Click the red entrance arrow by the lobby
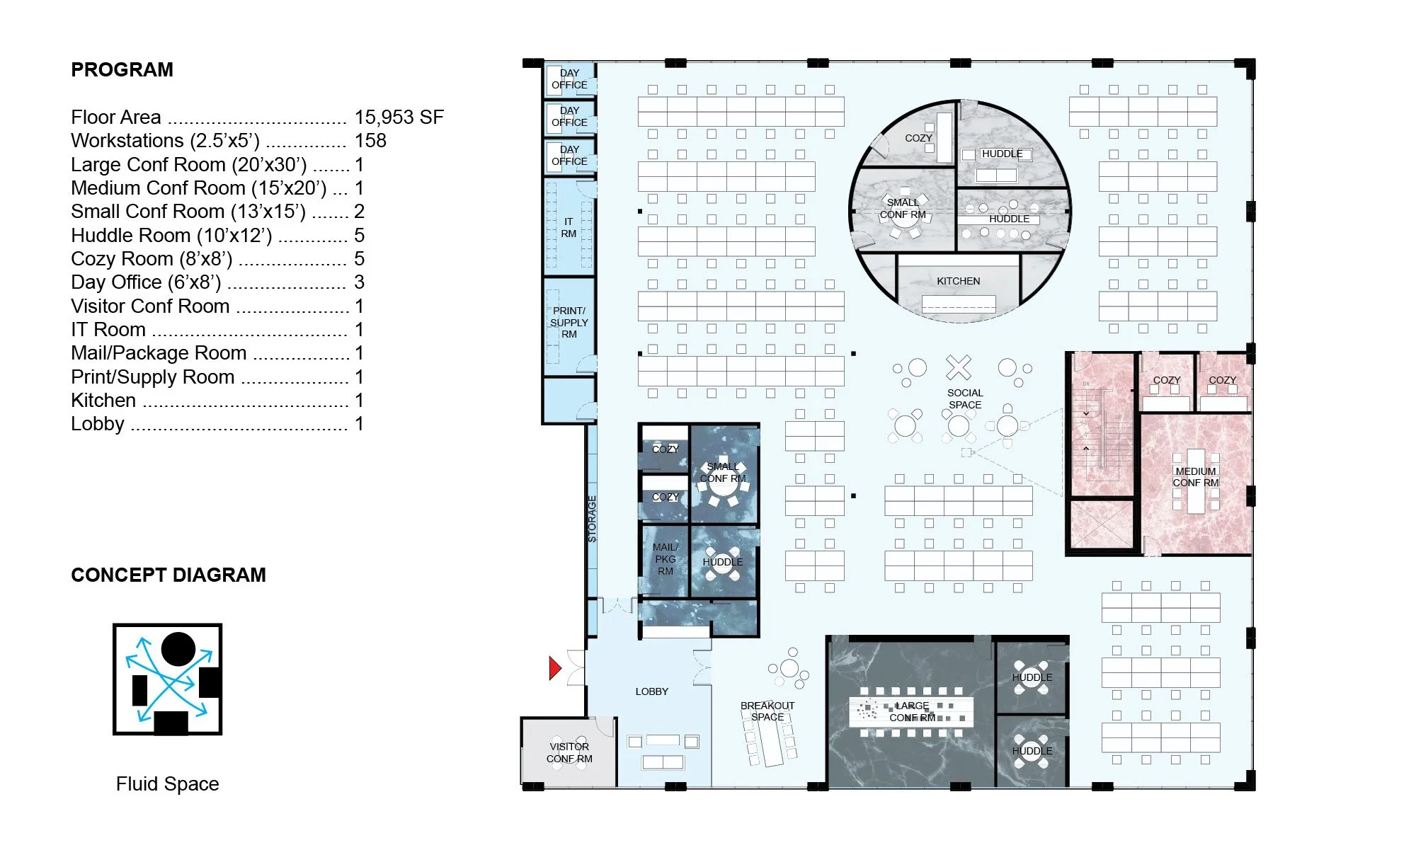[555, 668]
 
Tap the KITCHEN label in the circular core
[959, 281]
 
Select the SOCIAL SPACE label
[965, 398]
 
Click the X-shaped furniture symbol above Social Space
[959, 367]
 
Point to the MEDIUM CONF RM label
[1196, 477]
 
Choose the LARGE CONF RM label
[913, 711]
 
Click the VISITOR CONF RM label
[569, 752]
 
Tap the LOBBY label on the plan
[652, 691]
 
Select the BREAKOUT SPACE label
[767, 711]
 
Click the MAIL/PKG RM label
[666, 559]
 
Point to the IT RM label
[569, 227]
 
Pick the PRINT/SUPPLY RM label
[569, 322]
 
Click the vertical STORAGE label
[592, 519]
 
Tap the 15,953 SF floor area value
[399, 117]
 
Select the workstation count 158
[370, 140]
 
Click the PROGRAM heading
[122, 69]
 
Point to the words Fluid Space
[168, 783]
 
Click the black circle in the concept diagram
[178, 649]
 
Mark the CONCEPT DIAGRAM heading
[169, 575]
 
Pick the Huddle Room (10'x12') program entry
[171, 235]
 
